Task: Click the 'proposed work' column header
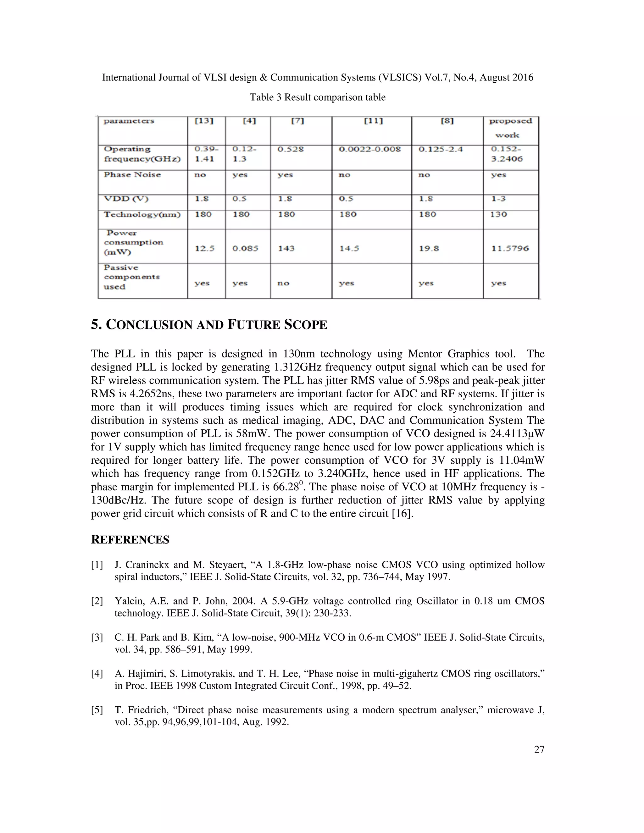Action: [x=510, y=128]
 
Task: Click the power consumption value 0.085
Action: [x=245, y=248]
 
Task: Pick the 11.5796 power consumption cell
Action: [x=510, y=248]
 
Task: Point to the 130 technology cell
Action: [x=498, y=214]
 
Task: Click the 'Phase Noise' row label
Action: [x=132, y=175]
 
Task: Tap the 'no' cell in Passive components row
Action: [x=283, y=284]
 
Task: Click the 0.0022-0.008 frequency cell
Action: [x=370, y=150]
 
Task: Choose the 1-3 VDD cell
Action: [x=498, y=199]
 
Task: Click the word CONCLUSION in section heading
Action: [x=149, y=325]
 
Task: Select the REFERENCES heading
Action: [x=130, y=540]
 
